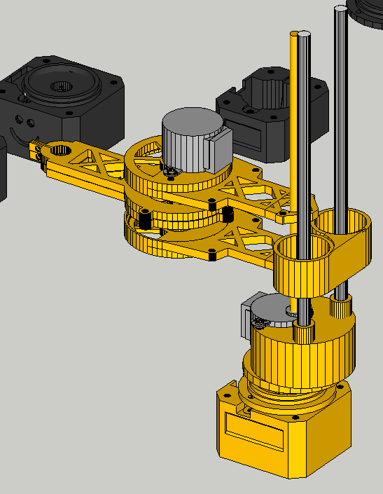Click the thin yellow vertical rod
coord(293,126)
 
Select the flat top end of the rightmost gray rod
coord(340,9)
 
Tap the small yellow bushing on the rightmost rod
coord(340,307)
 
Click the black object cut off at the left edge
coord(3,168)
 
